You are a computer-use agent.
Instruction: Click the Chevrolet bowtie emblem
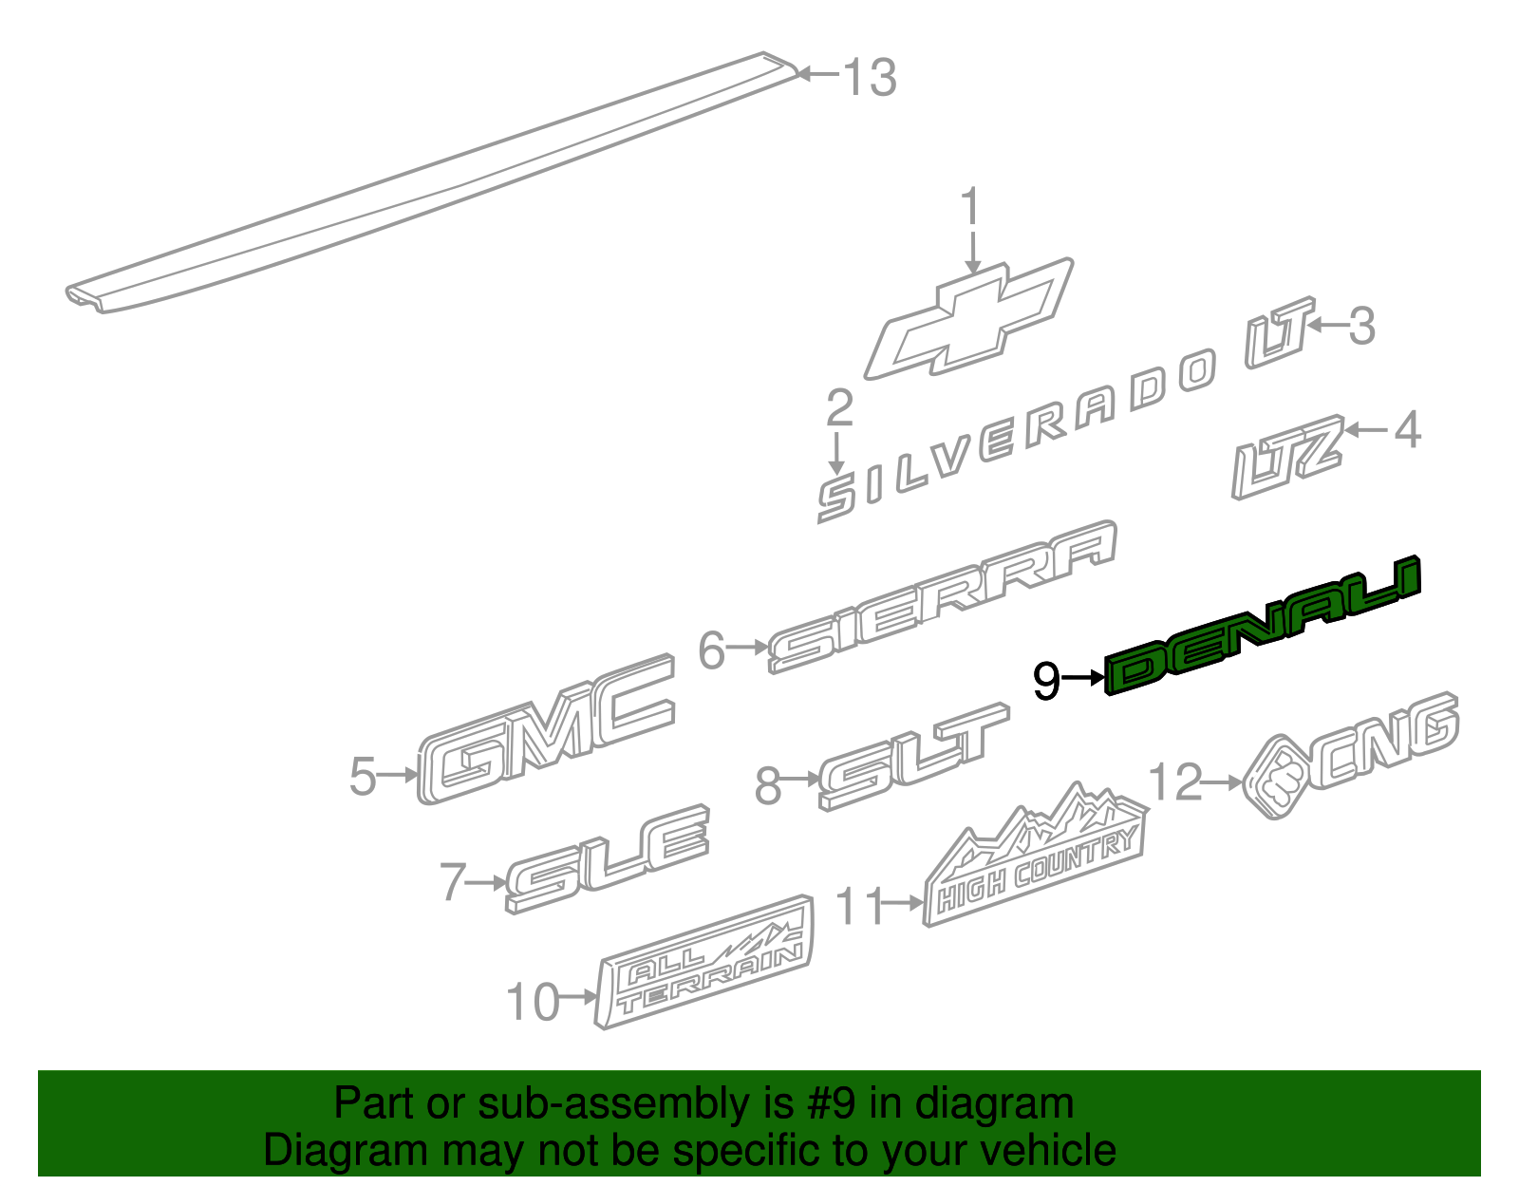pos(968,320)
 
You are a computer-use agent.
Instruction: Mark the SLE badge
pos(609,859)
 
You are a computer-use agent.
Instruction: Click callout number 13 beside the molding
pos(870,77)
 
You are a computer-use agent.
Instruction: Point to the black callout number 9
pos(1045,680)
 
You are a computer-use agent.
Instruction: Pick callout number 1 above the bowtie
pos(970,208)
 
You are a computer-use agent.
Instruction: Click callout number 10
pos(533,1003)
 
